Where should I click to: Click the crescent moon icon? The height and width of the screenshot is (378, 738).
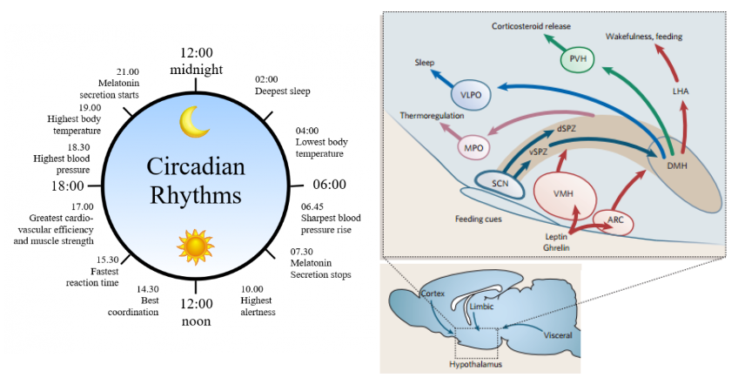click(x=194, y=122)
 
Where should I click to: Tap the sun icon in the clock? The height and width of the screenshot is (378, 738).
click(x=195, y=246)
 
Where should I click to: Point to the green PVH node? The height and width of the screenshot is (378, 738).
click(x=578, y=59)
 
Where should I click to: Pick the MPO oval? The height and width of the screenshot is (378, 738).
click(x=473, y=148)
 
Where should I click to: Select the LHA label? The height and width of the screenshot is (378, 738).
click(x=682, y=90)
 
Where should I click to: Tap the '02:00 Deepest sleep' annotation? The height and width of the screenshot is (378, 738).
click(x=282, y=84)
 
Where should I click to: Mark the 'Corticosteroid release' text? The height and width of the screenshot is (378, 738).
click(x=531, y=26)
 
